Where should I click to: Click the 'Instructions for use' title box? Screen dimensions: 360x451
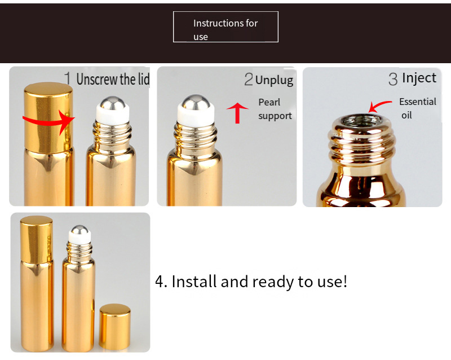pos(225,27)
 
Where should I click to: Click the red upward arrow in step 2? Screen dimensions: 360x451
pos(237,112)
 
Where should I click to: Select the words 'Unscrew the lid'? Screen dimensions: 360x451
pos(113,79)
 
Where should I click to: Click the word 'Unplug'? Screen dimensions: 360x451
pos(274,80)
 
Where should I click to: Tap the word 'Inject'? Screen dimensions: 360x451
pos(419,78)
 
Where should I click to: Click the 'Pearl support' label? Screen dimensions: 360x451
pos(275,109)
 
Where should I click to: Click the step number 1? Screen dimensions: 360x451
pos(68,78)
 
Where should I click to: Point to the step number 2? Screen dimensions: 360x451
pos(249,80)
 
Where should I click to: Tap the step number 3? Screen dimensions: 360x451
pos(393,79)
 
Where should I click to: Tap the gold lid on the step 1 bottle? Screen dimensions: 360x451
pos(48,115)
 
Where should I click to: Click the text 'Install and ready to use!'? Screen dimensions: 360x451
pos(251,281)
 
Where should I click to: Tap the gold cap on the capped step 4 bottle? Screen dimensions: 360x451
pos(37,242)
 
